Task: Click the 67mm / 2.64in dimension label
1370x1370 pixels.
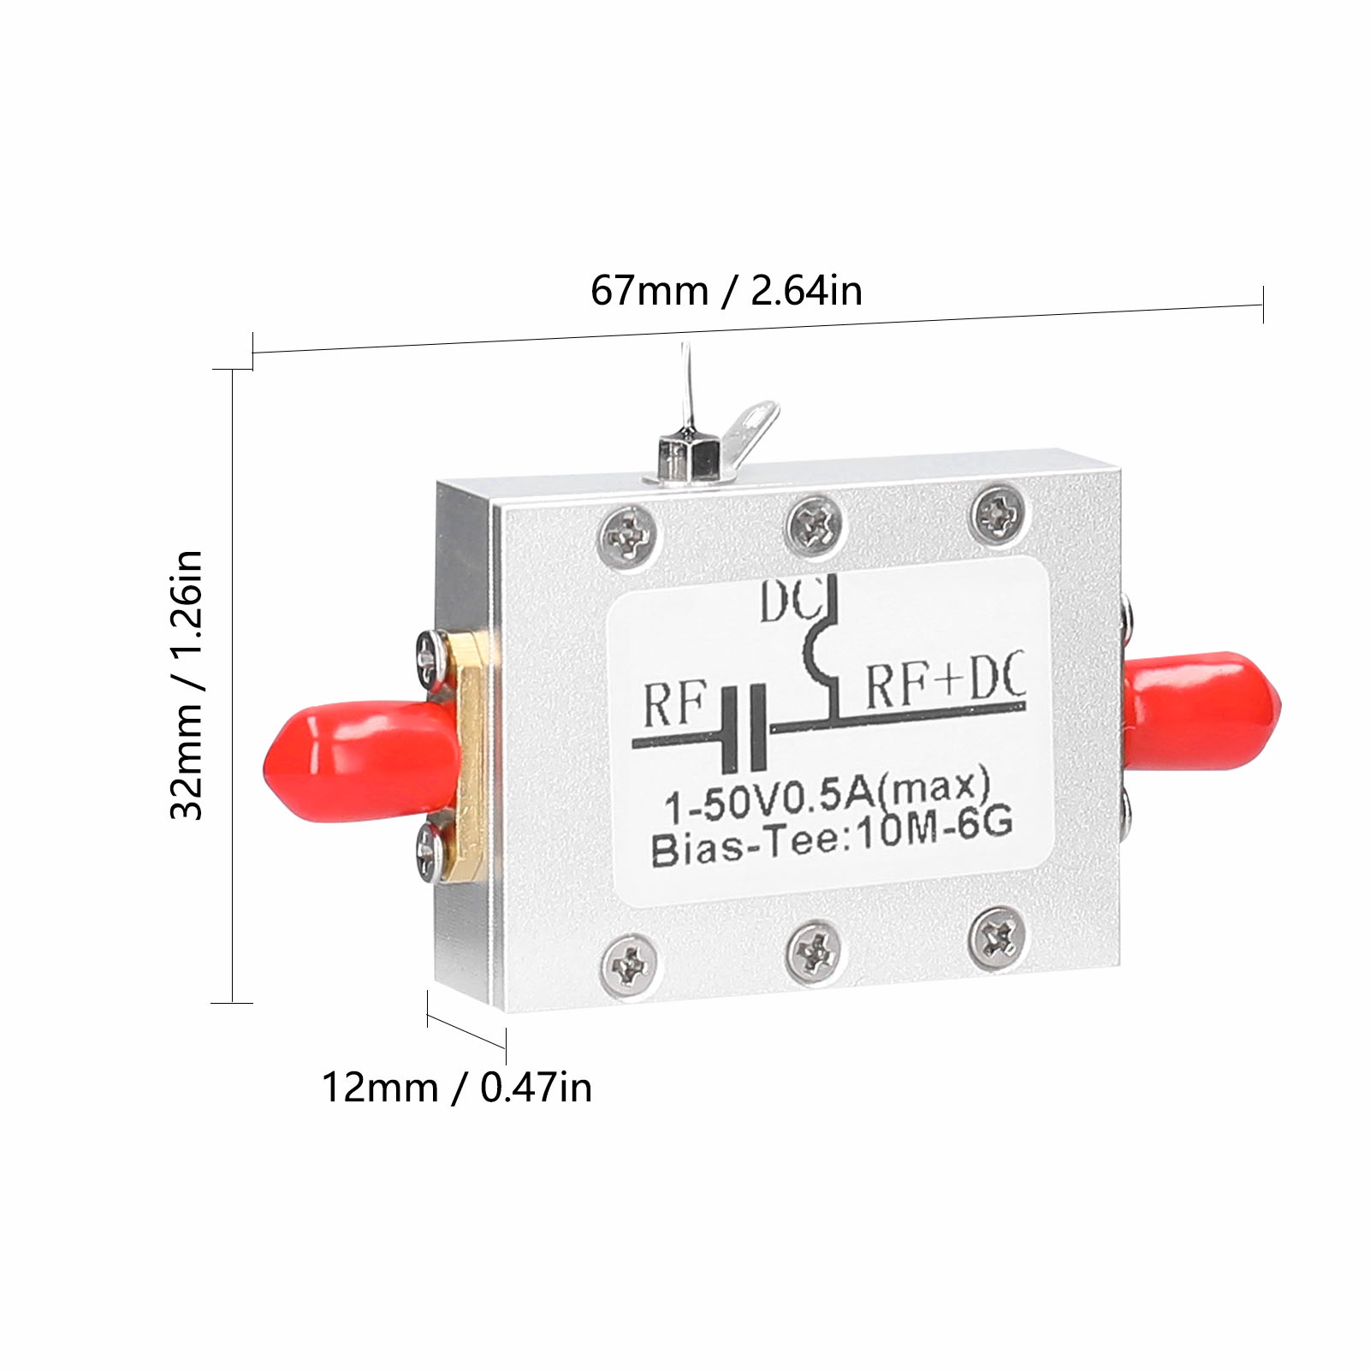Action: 726,291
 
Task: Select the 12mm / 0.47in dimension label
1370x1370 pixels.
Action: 456,1088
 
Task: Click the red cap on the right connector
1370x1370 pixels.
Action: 1202,710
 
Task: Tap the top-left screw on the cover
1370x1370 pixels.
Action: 628,536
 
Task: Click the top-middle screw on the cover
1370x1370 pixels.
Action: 814,524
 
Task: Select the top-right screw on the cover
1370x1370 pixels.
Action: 999,513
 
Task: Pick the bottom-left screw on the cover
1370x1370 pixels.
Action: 629,966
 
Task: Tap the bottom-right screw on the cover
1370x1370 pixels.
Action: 998,938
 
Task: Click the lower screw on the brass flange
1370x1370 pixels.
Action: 431,851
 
